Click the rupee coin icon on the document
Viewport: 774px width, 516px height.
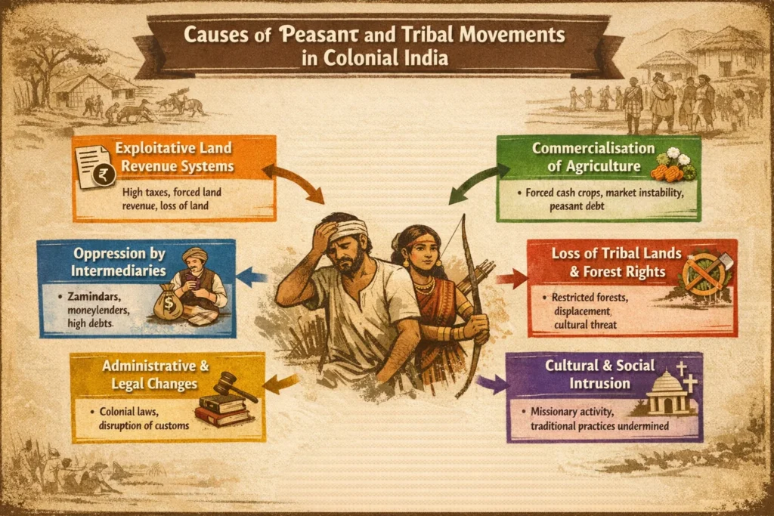104,175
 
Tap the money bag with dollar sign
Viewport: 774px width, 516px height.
168,302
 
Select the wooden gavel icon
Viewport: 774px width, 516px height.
231,385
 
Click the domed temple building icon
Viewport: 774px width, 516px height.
668,392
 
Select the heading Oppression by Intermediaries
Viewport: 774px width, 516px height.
119,262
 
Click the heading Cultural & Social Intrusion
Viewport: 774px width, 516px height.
599,375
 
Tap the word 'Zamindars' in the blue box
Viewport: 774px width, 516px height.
94,297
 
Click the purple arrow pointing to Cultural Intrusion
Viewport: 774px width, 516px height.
494,382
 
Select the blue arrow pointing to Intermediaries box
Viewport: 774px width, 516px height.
252,277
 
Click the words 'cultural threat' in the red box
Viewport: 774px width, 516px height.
586,325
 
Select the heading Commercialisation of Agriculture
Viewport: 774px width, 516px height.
593,157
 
